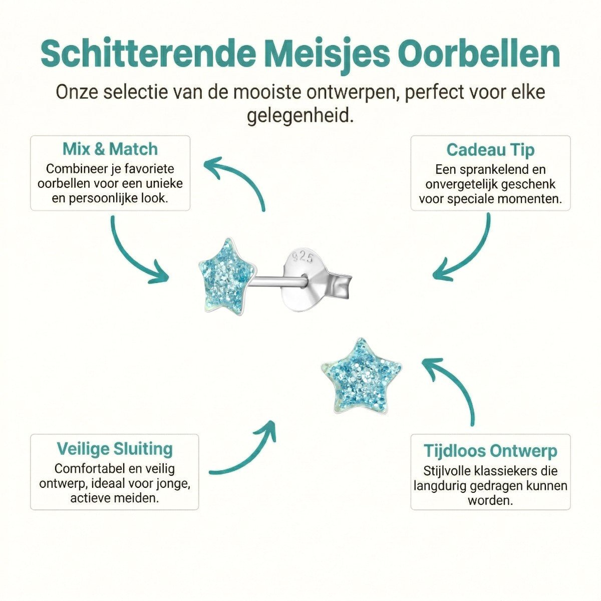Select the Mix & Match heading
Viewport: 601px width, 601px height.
(110, 149)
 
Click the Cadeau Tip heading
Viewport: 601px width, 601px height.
(490, 150)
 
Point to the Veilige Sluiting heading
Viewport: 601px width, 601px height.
(115, 449)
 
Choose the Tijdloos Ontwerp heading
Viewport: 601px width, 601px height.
(490, 451)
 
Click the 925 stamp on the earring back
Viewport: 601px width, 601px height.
(303, 257)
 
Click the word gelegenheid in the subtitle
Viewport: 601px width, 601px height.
(300, 116)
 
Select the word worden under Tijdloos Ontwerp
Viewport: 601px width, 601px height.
(490, 500)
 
